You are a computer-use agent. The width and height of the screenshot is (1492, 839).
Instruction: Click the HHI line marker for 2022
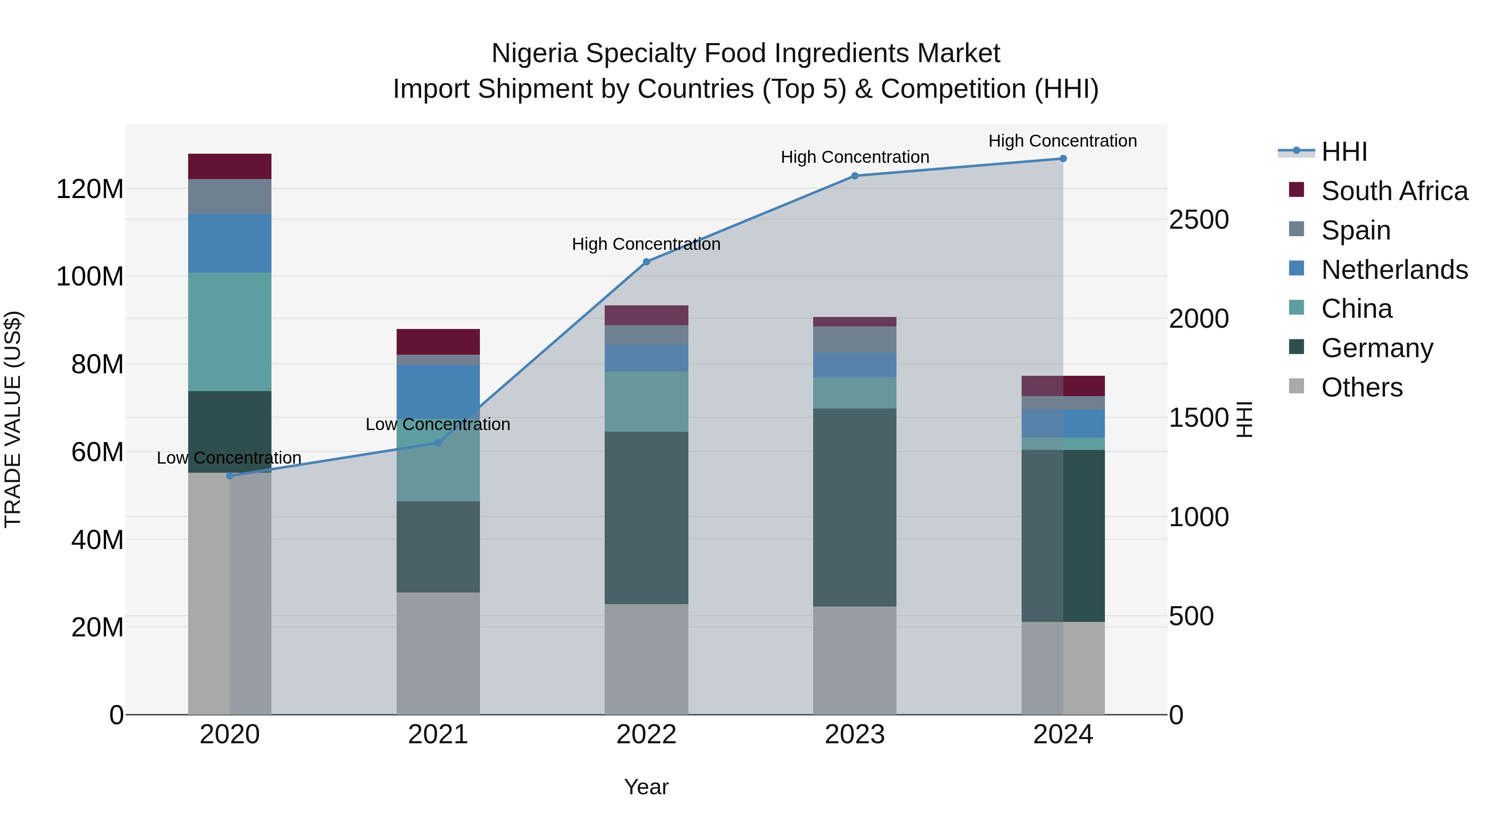click(x=647, y=262)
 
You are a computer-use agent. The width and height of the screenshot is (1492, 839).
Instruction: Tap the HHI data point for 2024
click(x=1063, y=159)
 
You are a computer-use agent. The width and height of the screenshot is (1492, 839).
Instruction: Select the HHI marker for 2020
click(x=230, y=476)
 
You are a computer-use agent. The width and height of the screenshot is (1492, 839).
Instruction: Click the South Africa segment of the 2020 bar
click(x=230, y=166)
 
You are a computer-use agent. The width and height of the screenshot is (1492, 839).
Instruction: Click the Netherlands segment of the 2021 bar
click(x=438, y=392)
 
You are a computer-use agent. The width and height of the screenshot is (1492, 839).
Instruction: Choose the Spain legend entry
click(x=1355, y=230)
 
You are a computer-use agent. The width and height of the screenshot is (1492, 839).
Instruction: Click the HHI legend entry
click(x=1344, y=152)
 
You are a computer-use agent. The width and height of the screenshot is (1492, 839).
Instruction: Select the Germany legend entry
click(x=1377, y=348)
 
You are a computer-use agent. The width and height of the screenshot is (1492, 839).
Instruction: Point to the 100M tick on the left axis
click(x=90, y=277)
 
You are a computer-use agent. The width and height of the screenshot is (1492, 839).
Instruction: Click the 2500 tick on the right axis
click(x=1198, y=220)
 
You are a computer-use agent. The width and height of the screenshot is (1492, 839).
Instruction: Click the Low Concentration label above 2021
click(x=438, y=424)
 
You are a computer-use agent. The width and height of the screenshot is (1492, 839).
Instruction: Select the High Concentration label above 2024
click(x=1062, y=141)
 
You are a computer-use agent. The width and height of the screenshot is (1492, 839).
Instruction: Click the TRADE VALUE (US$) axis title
click(x=13, y=419)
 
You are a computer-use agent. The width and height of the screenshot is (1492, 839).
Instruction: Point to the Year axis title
click(x=647, y=787)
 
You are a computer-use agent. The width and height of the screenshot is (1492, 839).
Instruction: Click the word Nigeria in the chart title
click(x=534, y=53)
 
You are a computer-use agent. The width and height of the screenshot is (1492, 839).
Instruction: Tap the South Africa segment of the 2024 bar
click(x=1063, y=386)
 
